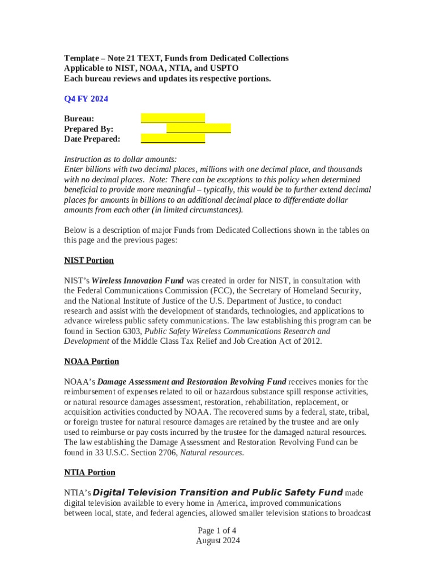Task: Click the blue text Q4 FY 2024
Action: pos(86,99)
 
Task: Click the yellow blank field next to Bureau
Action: pos(173,118)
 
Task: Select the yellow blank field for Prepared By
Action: pos(198,129)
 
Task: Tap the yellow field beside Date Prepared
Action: pos(173,139)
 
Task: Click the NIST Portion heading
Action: pos(89,261)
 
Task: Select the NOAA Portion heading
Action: pos(92,361)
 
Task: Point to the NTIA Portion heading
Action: pos(89,472)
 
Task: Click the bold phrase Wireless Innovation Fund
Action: pos(138,280)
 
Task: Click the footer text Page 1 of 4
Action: pos(217,531)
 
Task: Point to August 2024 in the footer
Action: pos(217,541)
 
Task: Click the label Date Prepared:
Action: pos(92,139)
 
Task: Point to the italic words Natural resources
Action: pos(212,453)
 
